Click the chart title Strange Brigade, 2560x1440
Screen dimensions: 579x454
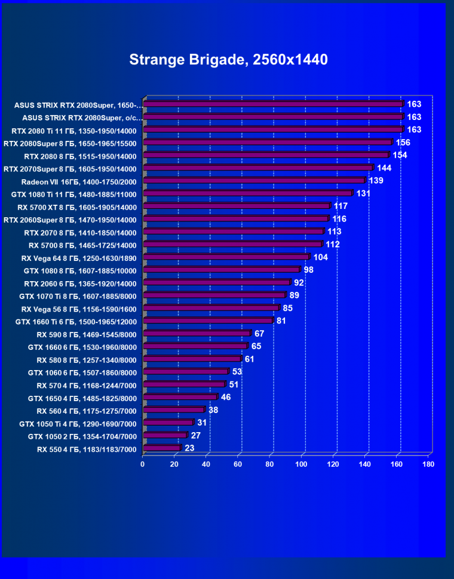pos(228,60)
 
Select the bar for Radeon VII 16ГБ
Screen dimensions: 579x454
pos(254,180)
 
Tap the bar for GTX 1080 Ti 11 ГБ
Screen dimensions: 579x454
pos(248,193)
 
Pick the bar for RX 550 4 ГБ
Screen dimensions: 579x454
pos(162,448)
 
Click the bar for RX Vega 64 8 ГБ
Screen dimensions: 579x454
pos(226,257)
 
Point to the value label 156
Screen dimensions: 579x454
pos(403,143)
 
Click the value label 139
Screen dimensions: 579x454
pos(376,180)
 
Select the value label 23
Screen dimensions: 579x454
pos(190,448)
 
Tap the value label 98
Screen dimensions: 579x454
pos(309,270)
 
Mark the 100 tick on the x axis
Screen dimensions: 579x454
pos(302,464)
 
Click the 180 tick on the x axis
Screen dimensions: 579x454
pos(428,464)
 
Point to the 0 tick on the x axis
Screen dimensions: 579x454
pos(143,464)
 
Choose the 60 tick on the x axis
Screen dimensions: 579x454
pos(238,464)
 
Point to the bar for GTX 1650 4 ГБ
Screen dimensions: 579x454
pos(180,397)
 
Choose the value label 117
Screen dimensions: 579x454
pos(340,206)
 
